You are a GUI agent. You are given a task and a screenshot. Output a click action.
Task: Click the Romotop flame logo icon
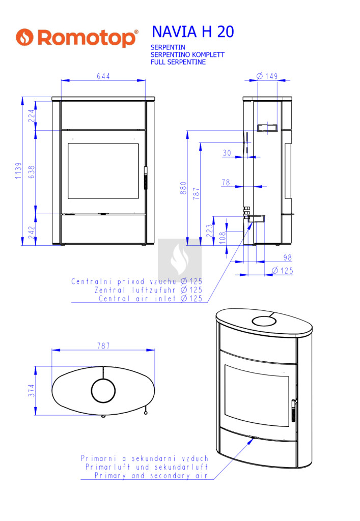tap(24, 37)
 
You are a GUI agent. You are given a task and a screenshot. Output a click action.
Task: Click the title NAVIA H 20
tap(193, 32)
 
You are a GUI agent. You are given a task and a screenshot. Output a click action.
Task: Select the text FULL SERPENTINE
tap(178, 62)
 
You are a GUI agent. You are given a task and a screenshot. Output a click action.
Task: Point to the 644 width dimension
tap(103, 76)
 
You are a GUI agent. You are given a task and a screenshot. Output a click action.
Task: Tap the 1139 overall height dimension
tap(18, 171)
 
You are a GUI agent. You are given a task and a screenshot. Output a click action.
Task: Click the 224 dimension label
tap(31, 115)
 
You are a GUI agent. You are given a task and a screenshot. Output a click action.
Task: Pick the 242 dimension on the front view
tap(31, 232)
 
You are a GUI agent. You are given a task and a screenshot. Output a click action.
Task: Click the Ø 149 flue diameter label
tap(267, 76)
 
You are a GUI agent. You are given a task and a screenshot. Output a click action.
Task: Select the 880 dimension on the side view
tap(183, 188)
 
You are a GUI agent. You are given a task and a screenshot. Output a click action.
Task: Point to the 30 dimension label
tap(227, 153)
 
